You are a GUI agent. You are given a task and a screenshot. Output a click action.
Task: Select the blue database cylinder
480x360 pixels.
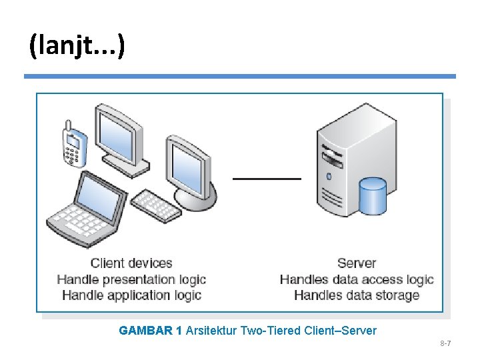tap(372, 197)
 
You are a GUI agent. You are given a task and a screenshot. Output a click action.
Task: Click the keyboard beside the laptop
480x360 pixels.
tap(156, 206)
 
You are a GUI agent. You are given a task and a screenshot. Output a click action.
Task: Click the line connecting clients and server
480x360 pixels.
tap(267, 179)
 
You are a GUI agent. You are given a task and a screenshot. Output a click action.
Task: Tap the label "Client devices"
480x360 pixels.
tap(131, 263)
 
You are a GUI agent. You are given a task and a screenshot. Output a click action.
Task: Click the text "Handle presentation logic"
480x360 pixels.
tap(131, 279)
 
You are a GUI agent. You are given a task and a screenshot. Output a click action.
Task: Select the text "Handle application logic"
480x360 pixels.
tap(131, 295)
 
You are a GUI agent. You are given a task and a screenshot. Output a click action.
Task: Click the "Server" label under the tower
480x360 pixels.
tap(357, 263)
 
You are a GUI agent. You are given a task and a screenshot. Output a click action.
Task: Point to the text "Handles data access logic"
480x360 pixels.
tap(357, 279)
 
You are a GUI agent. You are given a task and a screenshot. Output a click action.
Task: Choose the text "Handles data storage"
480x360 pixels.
tap(357, 295)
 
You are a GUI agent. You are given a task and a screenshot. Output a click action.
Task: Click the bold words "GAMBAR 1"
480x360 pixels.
tap(150, 331)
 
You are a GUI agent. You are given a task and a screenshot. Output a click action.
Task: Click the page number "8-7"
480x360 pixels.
tap(445, 343)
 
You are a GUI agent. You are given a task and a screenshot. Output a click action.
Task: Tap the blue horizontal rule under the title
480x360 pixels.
tap(240, 77)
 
